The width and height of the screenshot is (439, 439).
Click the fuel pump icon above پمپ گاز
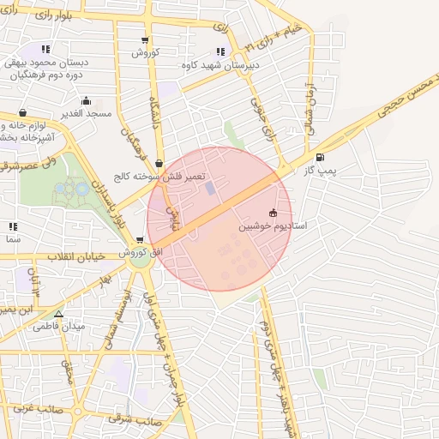point(320,157)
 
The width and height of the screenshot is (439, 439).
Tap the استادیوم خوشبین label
point(279,227)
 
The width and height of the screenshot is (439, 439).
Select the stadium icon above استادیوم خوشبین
point(273,213)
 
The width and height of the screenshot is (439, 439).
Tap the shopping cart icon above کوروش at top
point(145,39)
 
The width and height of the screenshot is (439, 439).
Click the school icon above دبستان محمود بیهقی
point(45,49)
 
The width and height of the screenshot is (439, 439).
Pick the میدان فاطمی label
point(57,327)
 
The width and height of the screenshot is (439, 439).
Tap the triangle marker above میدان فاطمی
point(58,314)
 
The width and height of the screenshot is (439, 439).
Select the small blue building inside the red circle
point(210,188)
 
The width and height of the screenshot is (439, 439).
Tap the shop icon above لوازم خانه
point(22,112)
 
